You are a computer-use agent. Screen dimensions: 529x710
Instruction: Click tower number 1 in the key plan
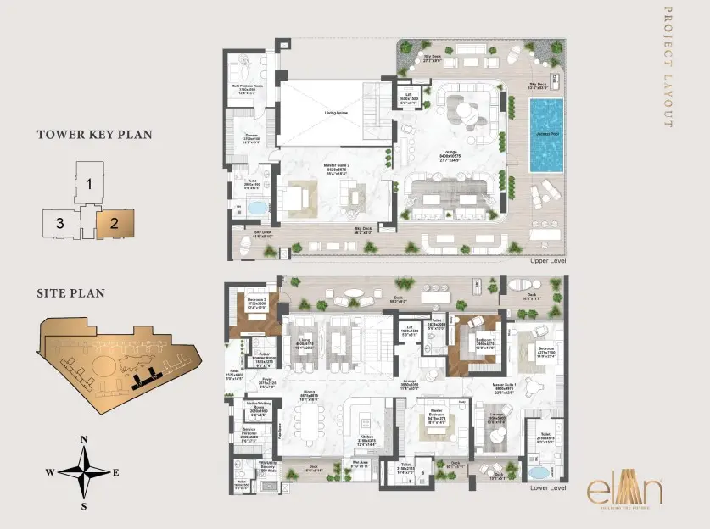coord(88,183)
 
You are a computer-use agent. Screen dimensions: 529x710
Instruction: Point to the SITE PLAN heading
coord(70,293)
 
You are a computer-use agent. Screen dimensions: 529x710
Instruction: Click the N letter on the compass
coord(84,439)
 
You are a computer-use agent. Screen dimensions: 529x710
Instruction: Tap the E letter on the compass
coord(116,472)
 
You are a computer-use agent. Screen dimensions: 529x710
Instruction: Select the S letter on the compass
coord(84,506)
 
